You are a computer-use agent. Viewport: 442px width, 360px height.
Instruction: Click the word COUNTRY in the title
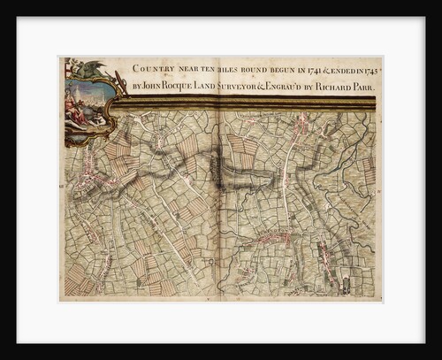(x=153, y=67)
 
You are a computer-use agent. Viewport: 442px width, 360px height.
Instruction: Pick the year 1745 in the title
(x=371, y=67)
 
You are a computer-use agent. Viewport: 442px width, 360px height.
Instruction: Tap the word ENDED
(x=349, y=67)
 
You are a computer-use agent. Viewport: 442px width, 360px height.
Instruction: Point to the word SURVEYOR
(x=255, y=88)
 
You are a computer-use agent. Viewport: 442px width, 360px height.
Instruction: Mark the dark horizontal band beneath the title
(x=248, y=103)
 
